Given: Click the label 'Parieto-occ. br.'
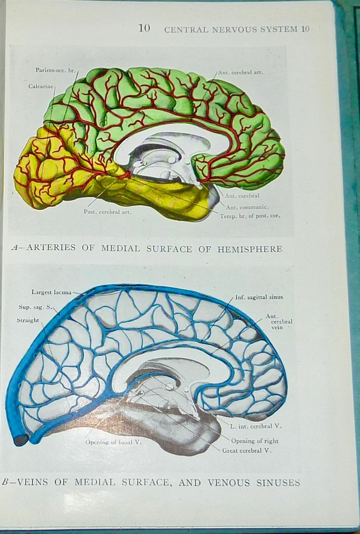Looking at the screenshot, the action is pos(55,70).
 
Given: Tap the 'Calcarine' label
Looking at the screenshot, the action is pos(41,86).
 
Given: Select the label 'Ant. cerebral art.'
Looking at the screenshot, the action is pos(240,72).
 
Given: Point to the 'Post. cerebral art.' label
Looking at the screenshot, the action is pos(108,212).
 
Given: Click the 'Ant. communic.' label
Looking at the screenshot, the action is pos(247,207).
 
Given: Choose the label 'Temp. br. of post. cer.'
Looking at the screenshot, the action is pos(250,216).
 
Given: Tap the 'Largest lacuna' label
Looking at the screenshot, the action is pos(51,292).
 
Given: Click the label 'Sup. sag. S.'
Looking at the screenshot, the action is pos(35,307).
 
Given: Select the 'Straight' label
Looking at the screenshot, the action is pos(28,320).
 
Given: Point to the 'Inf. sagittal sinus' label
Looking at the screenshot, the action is pos(259,297).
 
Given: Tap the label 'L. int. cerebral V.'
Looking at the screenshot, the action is pos(256,426).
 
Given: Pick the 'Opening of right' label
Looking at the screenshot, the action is pos(254,441).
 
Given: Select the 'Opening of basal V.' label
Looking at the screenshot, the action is pos(113,442).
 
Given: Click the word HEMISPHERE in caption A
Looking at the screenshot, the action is pos(249,249).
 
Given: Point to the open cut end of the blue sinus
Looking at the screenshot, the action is pos(20,440).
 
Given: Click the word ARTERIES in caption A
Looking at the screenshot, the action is pos(51,247).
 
